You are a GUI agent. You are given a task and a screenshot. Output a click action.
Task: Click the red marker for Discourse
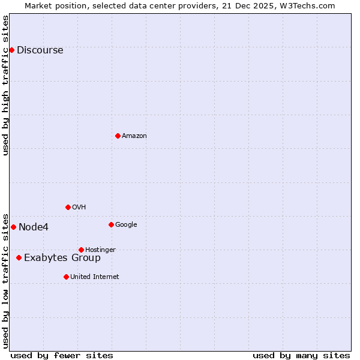(x=11, y=50)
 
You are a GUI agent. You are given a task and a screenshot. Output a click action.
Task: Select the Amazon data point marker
(x=118, y=136)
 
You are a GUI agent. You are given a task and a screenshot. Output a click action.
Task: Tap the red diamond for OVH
(x=68, y=207)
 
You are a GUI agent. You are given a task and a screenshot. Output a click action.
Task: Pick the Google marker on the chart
(x=111, y=224)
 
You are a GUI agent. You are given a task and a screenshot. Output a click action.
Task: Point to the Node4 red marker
(x=13, y=227)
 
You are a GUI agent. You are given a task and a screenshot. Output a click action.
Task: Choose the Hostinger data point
(x=81, y=250)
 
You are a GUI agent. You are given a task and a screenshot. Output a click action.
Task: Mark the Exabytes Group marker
(x=19, y=257)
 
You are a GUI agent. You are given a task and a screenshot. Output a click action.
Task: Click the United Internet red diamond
(x=66, y=277)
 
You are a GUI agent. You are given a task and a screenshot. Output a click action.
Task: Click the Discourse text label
(x=40, y=50)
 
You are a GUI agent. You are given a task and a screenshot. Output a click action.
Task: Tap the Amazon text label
(x=134, y=136)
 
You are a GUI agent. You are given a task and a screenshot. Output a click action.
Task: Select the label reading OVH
(x=79, y=208)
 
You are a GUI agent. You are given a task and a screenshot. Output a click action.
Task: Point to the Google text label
(x=126, y=225)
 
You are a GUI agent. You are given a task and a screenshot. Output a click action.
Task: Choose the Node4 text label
(x=34, y=227)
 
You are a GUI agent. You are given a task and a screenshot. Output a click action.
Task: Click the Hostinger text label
(x=100, y=250)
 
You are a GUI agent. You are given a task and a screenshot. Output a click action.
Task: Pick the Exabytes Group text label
(x=62, y=258)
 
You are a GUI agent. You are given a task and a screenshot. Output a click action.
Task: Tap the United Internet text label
(x=94, y=277)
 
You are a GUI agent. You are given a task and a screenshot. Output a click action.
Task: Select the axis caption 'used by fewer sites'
(x=62, y=355)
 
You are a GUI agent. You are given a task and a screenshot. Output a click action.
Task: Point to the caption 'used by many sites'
(x=301, y=355)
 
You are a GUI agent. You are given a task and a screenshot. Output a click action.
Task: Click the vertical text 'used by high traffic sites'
(x=6, y=85)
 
